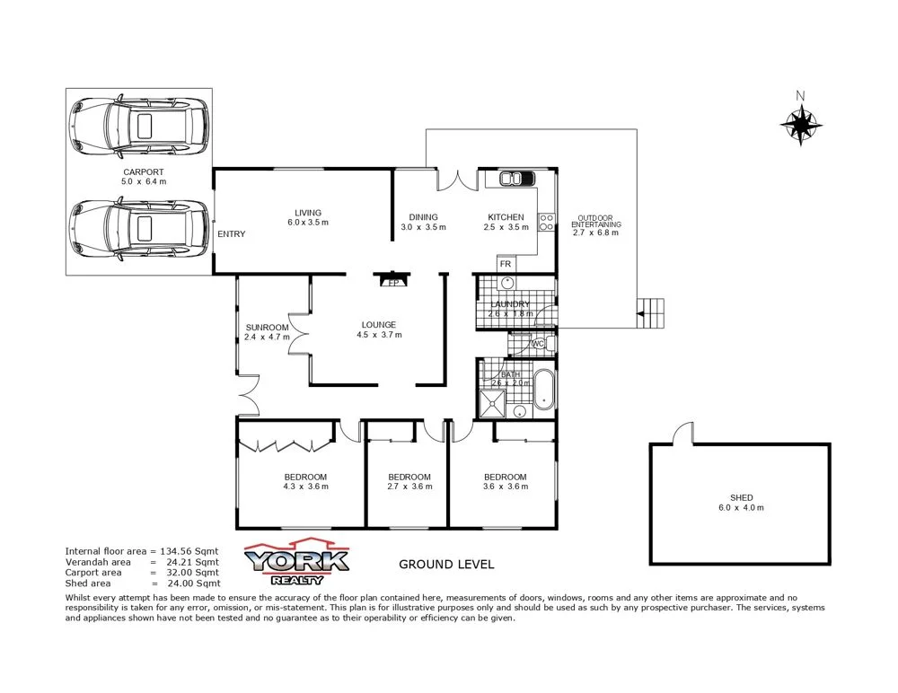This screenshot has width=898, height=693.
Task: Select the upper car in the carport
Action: coord(139,124)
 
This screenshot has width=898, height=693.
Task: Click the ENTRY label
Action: coord(231,234)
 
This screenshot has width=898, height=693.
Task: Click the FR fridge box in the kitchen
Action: coord(506,265)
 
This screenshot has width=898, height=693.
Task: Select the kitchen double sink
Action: coord(511,179)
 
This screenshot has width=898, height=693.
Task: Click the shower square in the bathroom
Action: coord(493,403)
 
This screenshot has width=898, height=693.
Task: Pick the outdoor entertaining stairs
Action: coord(653,314)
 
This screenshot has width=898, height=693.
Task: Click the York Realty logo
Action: coord(297,562)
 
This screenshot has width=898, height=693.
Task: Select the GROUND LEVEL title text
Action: coord(445,565)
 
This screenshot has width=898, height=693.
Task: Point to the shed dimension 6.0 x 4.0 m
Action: coord(741,508)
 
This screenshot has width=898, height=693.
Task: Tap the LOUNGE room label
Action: coord(378,325)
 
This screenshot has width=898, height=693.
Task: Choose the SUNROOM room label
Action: coord(267,327)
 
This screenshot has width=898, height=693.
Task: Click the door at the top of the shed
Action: coord(685,434)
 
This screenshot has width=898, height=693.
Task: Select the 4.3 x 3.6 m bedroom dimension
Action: coord(305,487)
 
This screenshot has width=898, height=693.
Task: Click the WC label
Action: coord(539,344)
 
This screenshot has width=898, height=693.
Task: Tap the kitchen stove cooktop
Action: coord(545,223)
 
